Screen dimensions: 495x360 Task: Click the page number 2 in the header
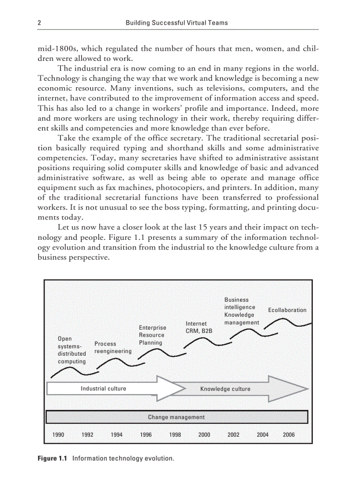pyautogui.click(x=40, y=22)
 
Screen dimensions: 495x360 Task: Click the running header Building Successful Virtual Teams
pyautogui.click(x=176, y=22)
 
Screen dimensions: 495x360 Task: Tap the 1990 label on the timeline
pyautogui.click(x=58, y=435)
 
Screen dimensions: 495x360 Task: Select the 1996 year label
pyautogui.click(x=146, y=435)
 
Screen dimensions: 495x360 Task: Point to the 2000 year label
pyautogui.click(x=204, y=435)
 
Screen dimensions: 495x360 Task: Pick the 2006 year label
pyautogui.click(x=289, y=435)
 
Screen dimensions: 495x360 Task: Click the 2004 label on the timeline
pyautogui.click(x=262, y=435)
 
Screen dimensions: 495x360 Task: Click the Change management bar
pyautogui.click(x=176, y=417)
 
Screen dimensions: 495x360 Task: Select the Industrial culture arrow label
pyautogui.click(x=103, y=388)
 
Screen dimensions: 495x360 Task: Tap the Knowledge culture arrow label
pyautogui.click(x=225, y=389)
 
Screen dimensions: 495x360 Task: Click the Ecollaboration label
pyautogui.click(x=287, y=310)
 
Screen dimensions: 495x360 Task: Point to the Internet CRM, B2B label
pyautogui.click(x=199, y=327)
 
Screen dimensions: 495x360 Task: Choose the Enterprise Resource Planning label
pyautogui.click(x=153, y=335)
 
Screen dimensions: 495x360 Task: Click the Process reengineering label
pyautogui.click(x=113, y=347)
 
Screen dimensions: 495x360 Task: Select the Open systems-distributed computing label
pyautogui.click(x=72, y=350)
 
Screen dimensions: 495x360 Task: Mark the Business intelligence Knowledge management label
pyautogui.click(x=241, y=311)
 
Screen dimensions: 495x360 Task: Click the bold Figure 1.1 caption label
pyautogui.click(x=52, y=458)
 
